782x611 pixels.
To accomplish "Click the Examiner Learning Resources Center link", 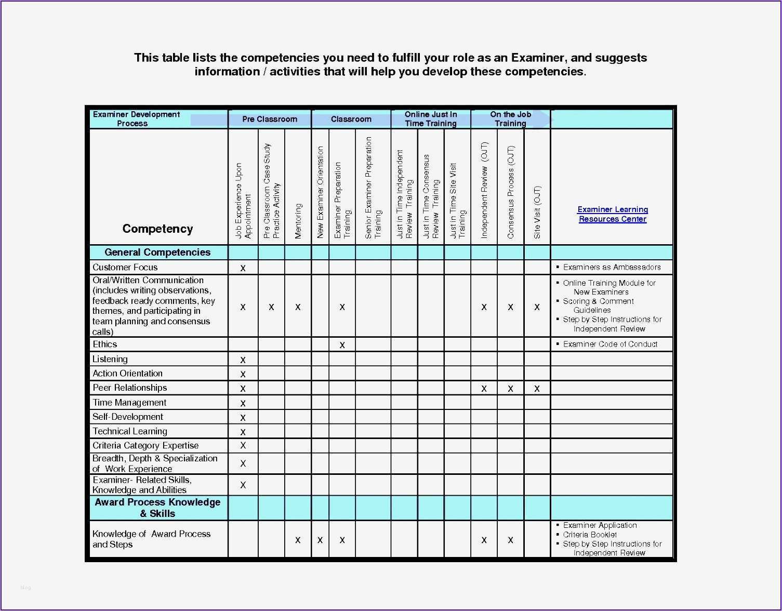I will click(x=612, y=214).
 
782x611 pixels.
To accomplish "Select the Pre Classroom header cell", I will click(x=270, y=119).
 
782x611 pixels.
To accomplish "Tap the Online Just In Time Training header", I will click(x=430, y=119).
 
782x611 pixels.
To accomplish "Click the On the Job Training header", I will click(x=510, y=119).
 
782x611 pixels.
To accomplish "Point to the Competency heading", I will click(x=157, y=229).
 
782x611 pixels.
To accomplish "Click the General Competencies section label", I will click(x=157, y=253).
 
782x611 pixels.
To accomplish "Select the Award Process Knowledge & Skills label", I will click(x=157, y=508).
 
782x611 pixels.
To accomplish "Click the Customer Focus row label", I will click(x=125, y=267).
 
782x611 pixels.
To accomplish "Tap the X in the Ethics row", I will click(x=342, y=345).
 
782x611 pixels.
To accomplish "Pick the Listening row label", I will click(x=110, y=359).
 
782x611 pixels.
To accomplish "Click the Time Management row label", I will click(x=129, y=403).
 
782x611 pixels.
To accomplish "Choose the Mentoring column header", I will click(x=298, y=221).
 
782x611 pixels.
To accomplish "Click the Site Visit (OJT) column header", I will click(x=537, y=212).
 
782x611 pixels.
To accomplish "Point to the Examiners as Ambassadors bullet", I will click(x=612, y=267).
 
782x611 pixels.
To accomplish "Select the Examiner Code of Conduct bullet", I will click(x=610, y=344).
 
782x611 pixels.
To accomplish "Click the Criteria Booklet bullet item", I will click(x=590, y=535).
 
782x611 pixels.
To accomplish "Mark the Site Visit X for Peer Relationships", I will click(x=537, y=389).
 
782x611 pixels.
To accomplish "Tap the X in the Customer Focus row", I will click(x=243, y=268).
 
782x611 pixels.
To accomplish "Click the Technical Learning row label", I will click(x=130, y=431).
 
